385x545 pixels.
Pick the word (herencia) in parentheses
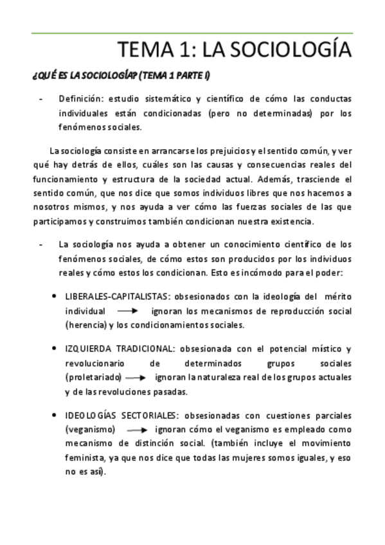[85, 325]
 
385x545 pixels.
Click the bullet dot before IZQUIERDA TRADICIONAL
[54, 348]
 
